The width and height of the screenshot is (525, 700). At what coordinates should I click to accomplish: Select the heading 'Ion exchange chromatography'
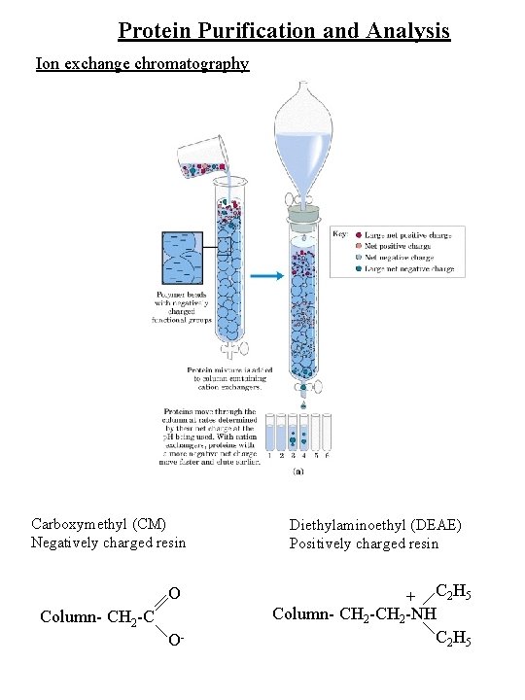[142, 64]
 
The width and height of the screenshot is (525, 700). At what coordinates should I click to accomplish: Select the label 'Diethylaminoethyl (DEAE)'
[375, 526]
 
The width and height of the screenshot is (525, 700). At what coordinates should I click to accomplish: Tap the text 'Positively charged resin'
[364, 543]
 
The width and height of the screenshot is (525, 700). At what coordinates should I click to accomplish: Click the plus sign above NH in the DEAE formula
[411, 595]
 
